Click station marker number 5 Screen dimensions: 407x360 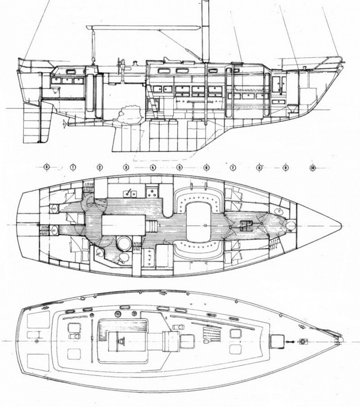click(x=179, y=167)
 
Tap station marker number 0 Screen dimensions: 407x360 click(x=46, y=167)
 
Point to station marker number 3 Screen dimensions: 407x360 click(x=126, y=167)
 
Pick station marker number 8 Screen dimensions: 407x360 click(x=259, y=167)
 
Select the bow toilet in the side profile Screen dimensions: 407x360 click(x=292, y=109)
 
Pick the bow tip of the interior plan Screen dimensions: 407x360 click(x=341, y=224)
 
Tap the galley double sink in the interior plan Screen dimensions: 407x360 click(x=151, y=193)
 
